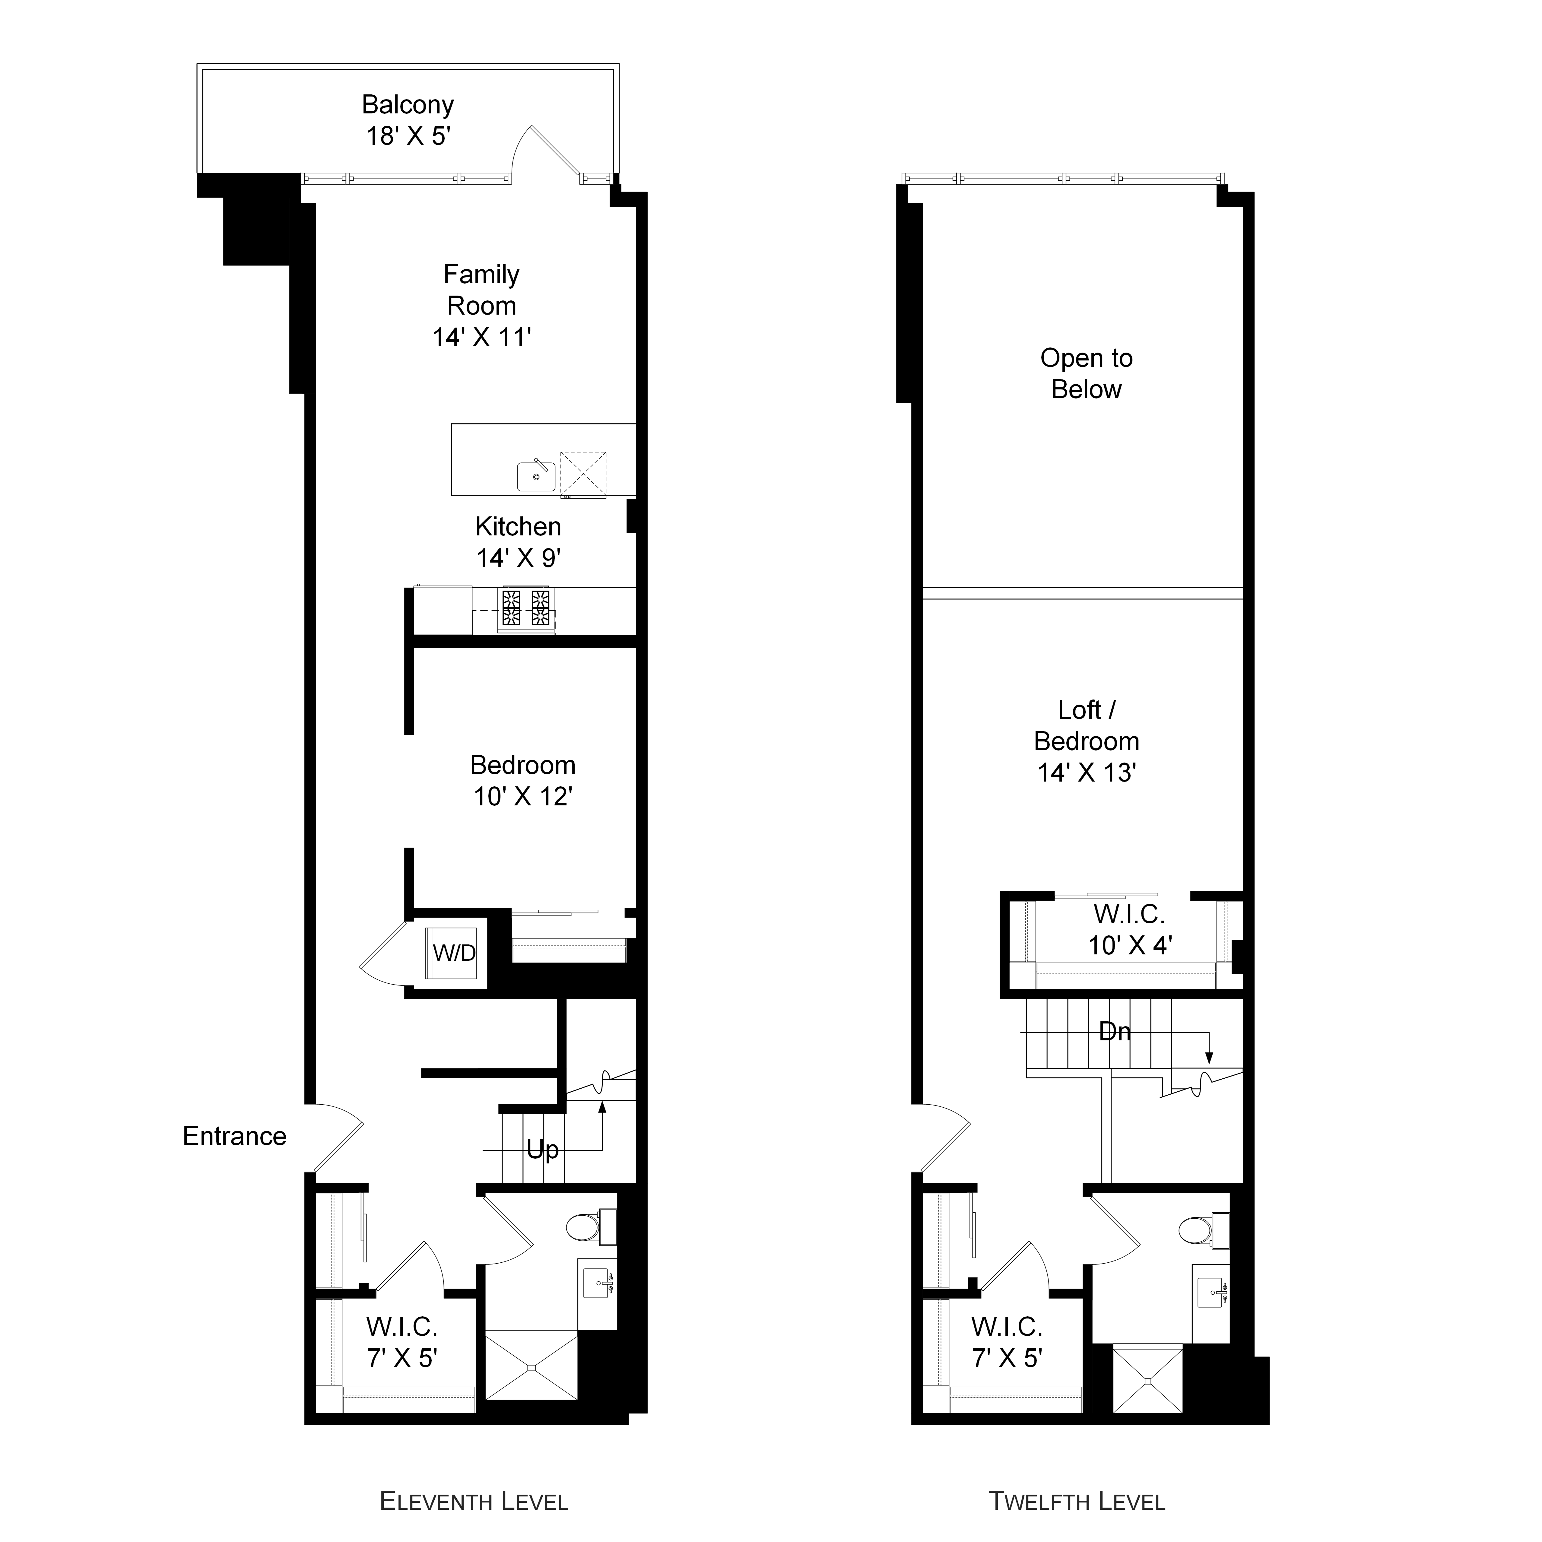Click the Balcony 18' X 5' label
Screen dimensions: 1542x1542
tap(408, 120)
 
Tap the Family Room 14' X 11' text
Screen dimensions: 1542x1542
tap(481, 306)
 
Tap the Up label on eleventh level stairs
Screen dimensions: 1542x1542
tap(543, 1150)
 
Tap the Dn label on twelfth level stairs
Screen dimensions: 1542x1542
tap(1115, 1032)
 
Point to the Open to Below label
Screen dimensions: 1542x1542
tap(1086, 373)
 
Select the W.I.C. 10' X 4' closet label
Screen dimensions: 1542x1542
tap(1129, 930)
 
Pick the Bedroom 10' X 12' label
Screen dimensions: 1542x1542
tap(523, 781)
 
